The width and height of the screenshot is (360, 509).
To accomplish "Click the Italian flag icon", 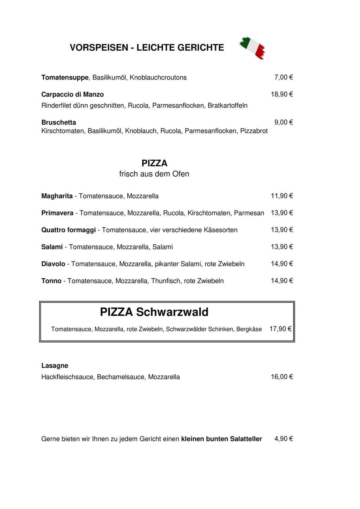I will (x=252, y=47).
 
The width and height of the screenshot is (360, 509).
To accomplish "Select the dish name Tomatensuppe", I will (x=65, y=77).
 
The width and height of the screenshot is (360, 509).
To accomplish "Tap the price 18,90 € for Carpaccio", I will (x=282, y=94).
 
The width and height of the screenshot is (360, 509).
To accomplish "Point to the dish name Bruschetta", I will (x=59, y=122).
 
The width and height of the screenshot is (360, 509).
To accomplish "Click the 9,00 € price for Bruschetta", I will (x=283, y=122).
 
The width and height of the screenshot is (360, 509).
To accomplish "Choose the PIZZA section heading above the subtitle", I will (x=154, y=163).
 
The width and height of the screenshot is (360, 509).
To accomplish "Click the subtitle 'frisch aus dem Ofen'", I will (x=154, y=174).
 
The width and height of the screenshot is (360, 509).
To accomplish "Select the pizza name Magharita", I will (x=57, y=196).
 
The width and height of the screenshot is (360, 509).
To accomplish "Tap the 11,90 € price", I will (x=282, y=196).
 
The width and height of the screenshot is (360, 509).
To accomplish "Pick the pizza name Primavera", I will (x=57, y=213).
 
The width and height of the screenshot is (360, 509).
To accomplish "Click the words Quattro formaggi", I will (x=69, y=230).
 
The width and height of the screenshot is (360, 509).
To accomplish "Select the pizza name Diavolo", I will (x=53, y=264).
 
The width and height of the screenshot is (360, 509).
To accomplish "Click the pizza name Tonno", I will (x=51, y=281).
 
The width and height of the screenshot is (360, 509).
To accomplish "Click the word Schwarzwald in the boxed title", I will (x=172, y=312).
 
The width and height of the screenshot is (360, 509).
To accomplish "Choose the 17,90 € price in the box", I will (x=280, y=329).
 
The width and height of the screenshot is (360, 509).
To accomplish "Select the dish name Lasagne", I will (x=55, y=366).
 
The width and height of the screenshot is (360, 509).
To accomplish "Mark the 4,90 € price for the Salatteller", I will (x=283, y=439).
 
